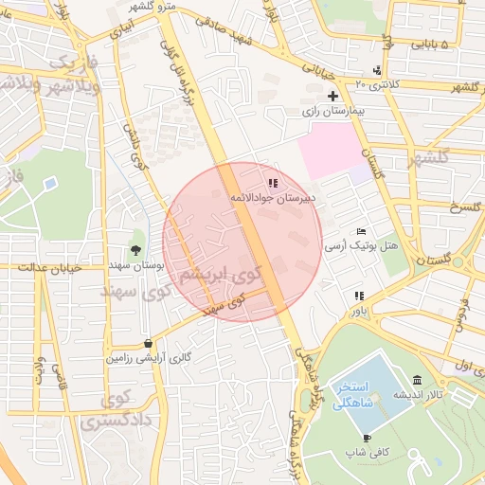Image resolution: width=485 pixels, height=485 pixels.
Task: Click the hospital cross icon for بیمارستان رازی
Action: (x=332, y=96)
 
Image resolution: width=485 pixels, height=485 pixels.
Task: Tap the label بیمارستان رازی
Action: (x=333, y=111)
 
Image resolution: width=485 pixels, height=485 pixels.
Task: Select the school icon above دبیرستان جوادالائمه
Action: (x=273, y=183)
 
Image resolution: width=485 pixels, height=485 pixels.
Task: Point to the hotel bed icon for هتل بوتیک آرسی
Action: (x=360, y=231)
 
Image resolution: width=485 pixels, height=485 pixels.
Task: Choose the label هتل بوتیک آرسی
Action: (x=361, y=245)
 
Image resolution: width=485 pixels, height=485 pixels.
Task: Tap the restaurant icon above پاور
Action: (x=359, y=296)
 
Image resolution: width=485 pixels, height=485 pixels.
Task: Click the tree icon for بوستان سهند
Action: (x=137, y=251)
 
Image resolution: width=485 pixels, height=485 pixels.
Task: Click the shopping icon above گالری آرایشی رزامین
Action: (x=148, y=343)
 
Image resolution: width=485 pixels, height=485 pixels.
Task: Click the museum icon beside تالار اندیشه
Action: (x=418, y=379)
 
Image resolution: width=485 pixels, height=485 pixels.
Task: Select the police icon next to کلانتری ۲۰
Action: (x=378, y=70)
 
